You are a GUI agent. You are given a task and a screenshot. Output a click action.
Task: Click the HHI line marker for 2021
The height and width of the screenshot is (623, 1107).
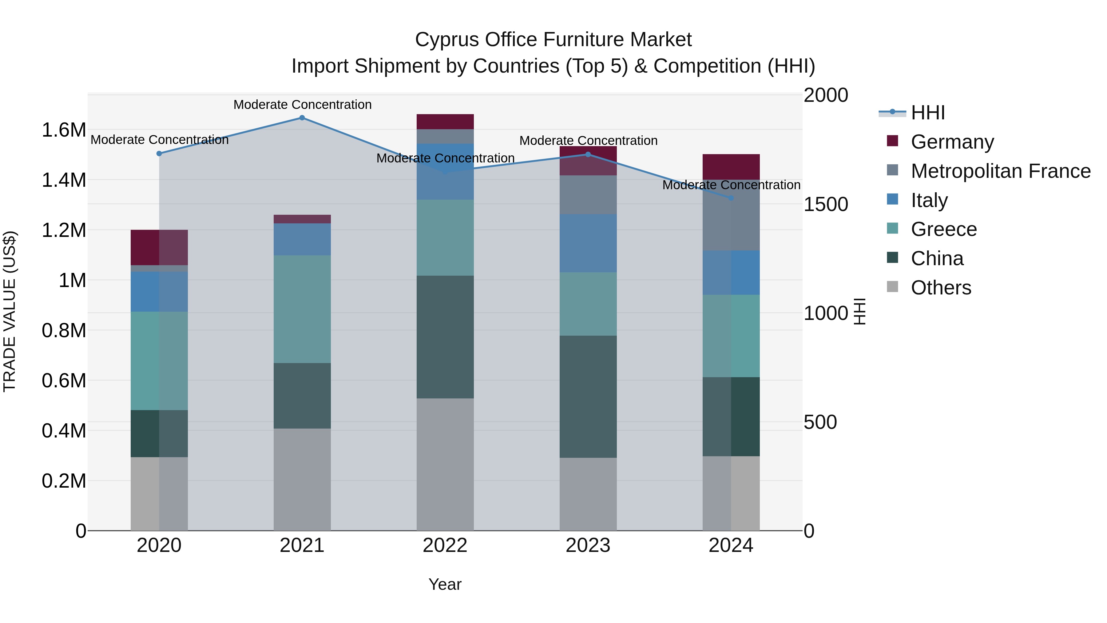pos(302,118)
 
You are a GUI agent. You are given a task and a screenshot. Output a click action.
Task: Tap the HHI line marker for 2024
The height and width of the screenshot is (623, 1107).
pos(731,198)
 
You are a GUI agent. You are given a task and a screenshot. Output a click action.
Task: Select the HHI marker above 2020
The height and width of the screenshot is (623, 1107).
pos(159,154)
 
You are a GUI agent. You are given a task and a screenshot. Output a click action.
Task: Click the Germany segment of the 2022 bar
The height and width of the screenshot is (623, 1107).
pos(445,122)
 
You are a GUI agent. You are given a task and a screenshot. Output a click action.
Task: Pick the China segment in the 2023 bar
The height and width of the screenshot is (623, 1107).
pos(588,397)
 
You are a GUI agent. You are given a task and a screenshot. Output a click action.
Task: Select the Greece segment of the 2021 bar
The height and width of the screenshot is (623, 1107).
pos(302,309)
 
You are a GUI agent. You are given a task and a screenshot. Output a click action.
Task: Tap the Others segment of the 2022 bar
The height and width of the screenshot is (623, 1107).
pos(445,464)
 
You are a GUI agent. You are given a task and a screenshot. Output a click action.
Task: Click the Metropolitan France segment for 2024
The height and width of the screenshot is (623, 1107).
pos(731,215)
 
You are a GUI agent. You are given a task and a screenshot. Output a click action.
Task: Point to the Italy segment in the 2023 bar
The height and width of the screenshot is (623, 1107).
pos(588,243)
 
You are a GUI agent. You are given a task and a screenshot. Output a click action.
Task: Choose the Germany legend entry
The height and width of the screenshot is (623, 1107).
pos(952,142)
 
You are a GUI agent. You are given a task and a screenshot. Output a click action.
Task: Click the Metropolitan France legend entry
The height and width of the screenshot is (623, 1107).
pos(1000,171)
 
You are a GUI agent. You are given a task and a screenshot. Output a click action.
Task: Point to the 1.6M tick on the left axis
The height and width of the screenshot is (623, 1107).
pos(64,130)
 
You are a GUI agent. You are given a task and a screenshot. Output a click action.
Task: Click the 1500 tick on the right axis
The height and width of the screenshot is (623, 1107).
pos(826,205)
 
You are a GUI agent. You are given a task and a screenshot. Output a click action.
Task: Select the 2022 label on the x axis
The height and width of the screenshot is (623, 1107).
pos(445,545)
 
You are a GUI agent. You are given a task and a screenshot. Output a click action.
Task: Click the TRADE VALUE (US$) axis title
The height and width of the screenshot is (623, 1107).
pos(10,312)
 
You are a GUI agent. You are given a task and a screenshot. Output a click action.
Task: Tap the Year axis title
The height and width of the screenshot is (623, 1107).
pos(445,584)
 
